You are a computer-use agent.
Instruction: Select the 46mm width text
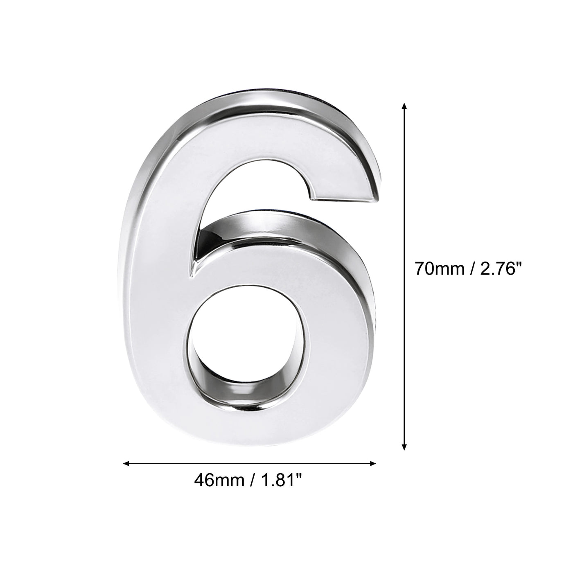[x=216, y=479]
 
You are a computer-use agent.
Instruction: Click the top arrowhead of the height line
[x=404, y=106]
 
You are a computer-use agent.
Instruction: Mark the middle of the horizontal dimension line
[x=250, y=463]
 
